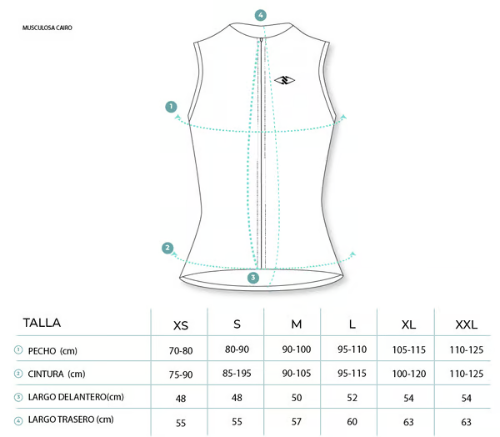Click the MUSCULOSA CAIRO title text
[47, 28]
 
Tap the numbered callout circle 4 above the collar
[261, 15]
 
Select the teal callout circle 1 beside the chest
[171, 107]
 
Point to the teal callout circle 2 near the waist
[167, 248]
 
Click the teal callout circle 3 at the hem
[253, 278]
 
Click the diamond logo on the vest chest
[284, 80]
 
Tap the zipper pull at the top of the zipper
[261, 41]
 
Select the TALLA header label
[42, 323]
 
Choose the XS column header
[181, 325]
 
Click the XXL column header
[466, 324]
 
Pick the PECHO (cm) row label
[52, 351]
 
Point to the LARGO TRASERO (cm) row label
[71, 419]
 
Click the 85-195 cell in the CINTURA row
[237, 373]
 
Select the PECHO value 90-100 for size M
[297, 349]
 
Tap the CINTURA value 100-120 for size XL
[409, 374]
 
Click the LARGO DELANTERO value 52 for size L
[352, 398]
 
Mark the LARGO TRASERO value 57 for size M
[297, 422]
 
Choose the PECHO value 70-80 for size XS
[181, 351]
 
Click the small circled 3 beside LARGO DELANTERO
[18, 397]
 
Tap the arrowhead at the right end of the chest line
[343, 117]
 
